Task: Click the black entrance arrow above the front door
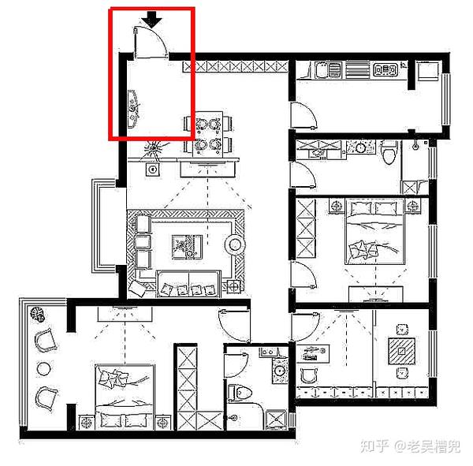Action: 151,20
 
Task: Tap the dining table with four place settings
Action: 208,134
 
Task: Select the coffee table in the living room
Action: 187,247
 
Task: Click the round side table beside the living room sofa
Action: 235,244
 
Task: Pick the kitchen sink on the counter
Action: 328,69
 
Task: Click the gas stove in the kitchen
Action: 385,69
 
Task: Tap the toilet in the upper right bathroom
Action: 389,153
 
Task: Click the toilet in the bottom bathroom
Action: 240,393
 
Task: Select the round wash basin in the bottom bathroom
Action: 280,371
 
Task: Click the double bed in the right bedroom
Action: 374,231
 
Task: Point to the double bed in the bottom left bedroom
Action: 125,397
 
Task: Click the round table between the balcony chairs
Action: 43,368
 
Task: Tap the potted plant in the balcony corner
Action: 37,314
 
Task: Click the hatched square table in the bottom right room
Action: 401,352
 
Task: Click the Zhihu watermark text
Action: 410,446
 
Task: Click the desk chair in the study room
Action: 308,375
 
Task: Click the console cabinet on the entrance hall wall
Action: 132,110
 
